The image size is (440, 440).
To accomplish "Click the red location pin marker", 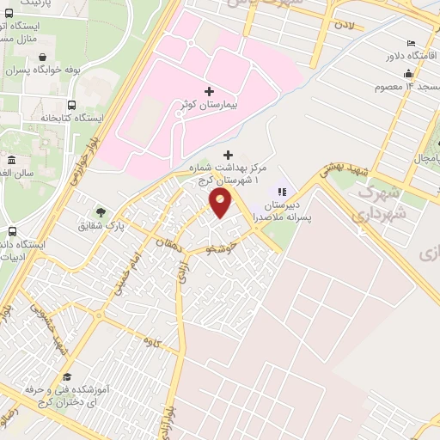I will tap(221, 204).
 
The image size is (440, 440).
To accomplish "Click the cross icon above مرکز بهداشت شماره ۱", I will tap(228, 154).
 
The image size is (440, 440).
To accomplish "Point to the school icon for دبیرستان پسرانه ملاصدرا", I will tap(280, 191).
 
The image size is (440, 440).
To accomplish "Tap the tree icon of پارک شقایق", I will tap(101, 211).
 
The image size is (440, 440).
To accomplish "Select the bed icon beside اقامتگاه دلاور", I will tap(412, 43).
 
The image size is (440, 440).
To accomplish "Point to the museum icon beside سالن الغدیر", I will tap(11, 161).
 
